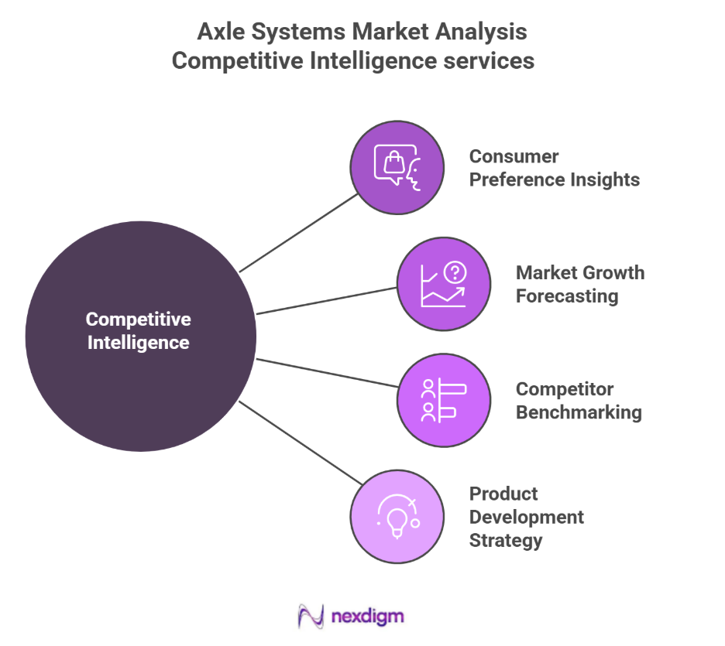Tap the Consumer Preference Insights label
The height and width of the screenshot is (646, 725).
click(554, 168)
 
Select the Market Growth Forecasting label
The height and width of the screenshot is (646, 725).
click(579, 284)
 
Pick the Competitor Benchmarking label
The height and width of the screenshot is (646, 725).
click(578, 401)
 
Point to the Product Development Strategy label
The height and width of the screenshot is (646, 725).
click(526, 517)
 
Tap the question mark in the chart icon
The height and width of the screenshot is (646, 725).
click(455, 272)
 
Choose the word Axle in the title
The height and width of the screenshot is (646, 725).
click(219, 32)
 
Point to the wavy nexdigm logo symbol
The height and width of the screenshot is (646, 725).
click(311, 617)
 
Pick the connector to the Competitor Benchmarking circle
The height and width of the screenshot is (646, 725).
click(326, 372)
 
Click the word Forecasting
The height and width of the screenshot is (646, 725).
click(566, 296)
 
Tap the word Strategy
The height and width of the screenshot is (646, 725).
click(505, 540)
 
